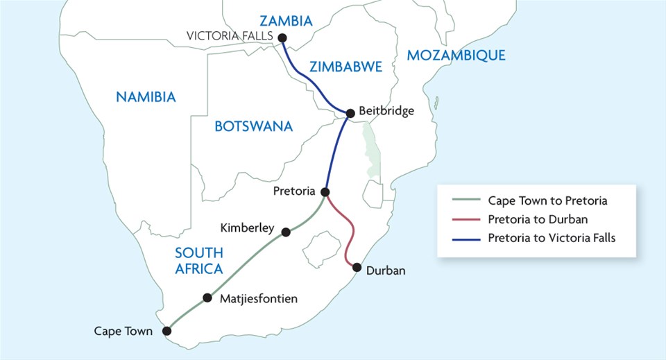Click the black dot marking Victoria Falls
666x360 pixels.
(x=282, y=38)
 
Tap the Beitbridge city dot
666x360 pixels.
(x=350, y=112)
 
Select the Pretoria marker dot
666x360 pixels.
(x=325, y=191)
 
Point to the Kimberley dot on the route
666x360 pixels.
(x=286, y=232)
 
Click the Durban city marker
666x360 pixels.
(x=357, y=267)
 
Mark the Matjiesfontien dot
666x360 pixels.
(x=207, y=298)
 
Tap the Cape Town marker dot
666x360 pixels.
(x=166, y=331)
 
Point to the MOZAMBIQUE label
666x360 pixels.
(x=456, y=55)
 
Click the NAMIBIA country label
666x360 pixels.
(x=146, y=96)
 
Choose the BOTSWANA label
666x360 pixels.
(x=253, y=126)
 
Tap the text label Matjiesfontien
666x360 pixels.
(x=258, y=299)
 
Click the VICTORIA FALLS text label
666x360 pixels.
(x=231, y=36)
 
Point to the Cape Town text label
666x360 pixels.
(x=123, y=332)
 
